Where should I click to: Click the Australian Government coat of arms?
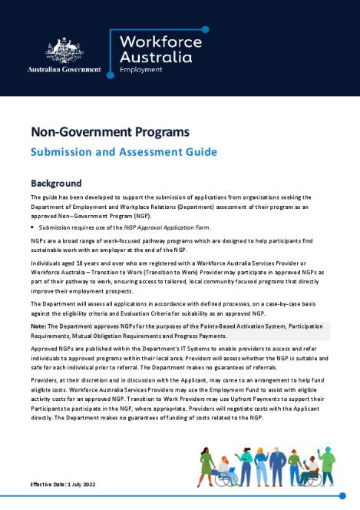(63, 49)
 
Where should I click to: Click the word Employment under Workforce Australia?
(142, 69)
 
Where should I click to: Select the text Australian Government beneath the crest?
(64, 69)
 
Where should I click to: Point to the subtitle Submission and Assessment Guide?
(124, 151)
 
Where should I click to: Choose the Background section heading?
(56, 184)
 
